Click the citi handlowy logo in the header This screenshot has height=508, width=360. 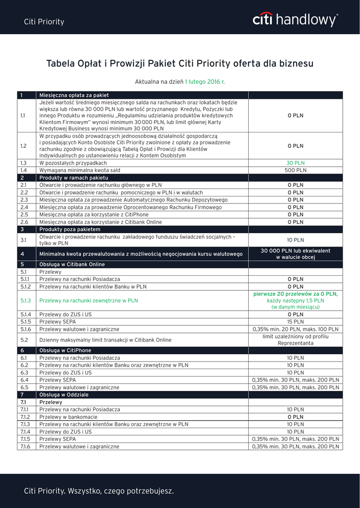click(x=295, y=20)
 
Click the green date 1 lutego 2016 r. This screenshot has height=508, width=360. click(x=205, y=81)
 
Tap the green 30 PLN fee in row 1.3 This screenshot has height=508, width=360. click(x=295, y=163)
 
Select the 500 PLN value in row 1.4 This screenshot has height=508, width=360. click(x=295, y=170)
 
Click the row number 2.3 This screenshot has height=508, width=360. click(x=24, y=200)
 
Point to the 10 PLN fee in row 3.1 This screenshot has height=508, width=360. click(x=295, y=240)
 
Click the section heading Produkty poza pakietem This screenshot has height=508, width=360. click(x=70, y=230)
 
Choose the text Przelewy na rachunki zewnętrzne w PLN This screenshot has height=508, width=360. click(x=88, y=301)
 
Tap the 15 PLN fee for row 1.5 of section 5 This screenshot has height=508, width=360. click(x=295, y=321)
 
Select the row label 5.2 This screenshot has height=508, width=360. click(x=23, y=340)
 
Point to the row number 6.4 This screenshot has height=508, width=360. click(x=24, y=380)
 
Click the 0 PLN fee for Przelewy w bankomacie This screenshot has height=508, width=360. click(x=295, y=417)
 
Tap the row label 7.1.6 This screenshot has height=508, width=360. click(x=25, y=446)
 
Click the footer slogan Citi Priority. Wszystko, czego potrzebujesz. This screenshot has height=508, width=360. click(x=99, y=491)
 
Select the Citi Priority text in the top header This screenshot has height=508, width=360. click(x=44, y=22)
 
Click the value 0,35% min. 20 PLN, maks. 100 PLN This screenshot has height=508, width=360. click(x=295, y=329)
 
